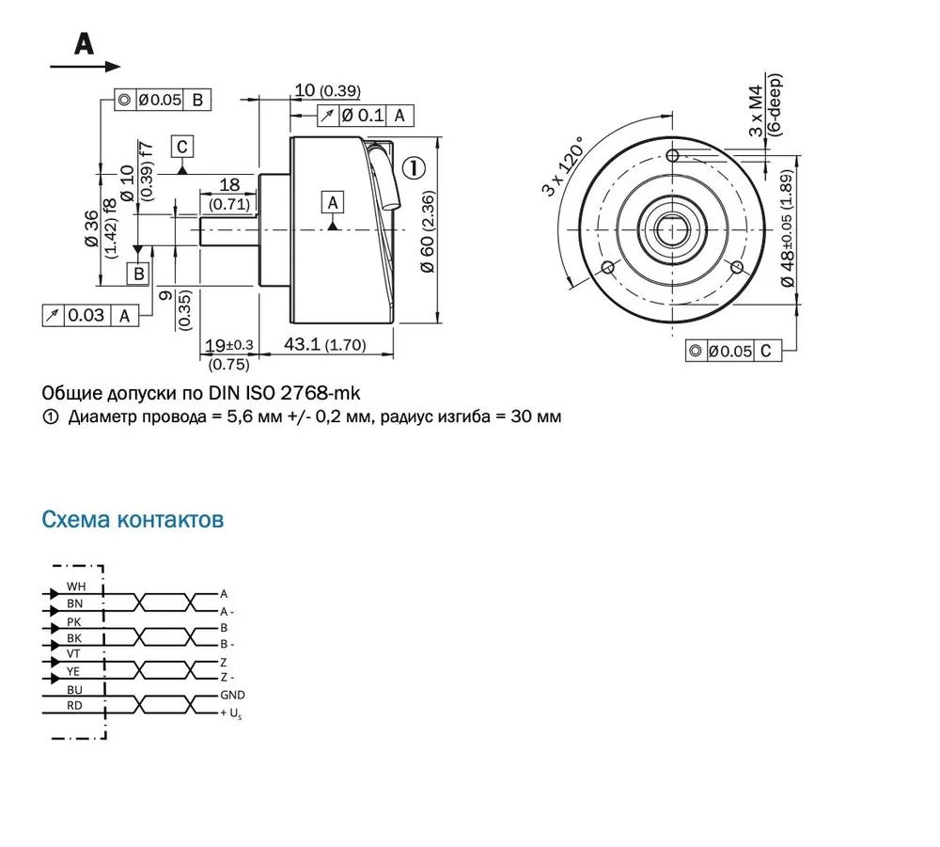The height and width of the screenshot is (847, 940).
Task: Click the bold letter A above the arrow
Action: (x=84, y=43)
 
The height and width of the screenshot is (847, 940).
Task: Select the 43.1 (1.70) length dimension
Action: (x=324, y=345)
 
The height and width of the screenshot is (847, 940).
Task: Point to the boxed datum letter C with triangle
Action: (x=181, y=147)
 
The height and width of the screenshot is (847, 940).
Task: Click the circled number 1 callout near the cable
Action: (x=415, y=168)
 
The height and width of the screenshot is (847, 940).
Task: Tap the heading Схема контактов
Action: (x=133, y=519)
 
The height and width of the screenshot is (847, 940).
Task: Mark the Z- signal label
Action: (x=226, y=677)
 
